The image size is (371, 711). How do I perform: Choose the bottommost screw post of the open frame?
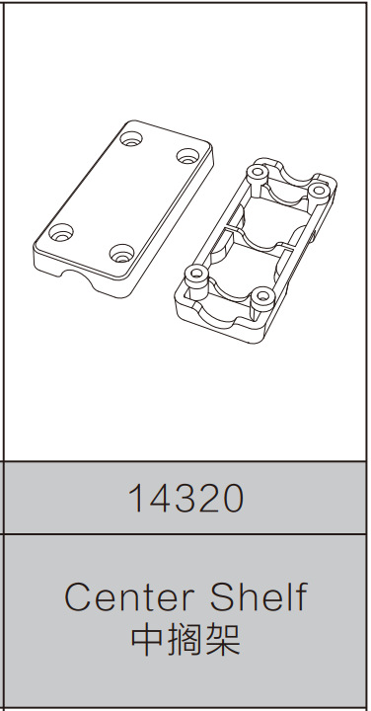260,297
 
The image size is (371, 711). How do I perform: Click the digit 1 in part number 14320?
136,499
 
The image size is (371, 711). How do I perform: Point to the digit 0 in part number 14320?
231,499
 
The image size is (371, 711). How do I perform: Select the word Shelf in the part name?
259,597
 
